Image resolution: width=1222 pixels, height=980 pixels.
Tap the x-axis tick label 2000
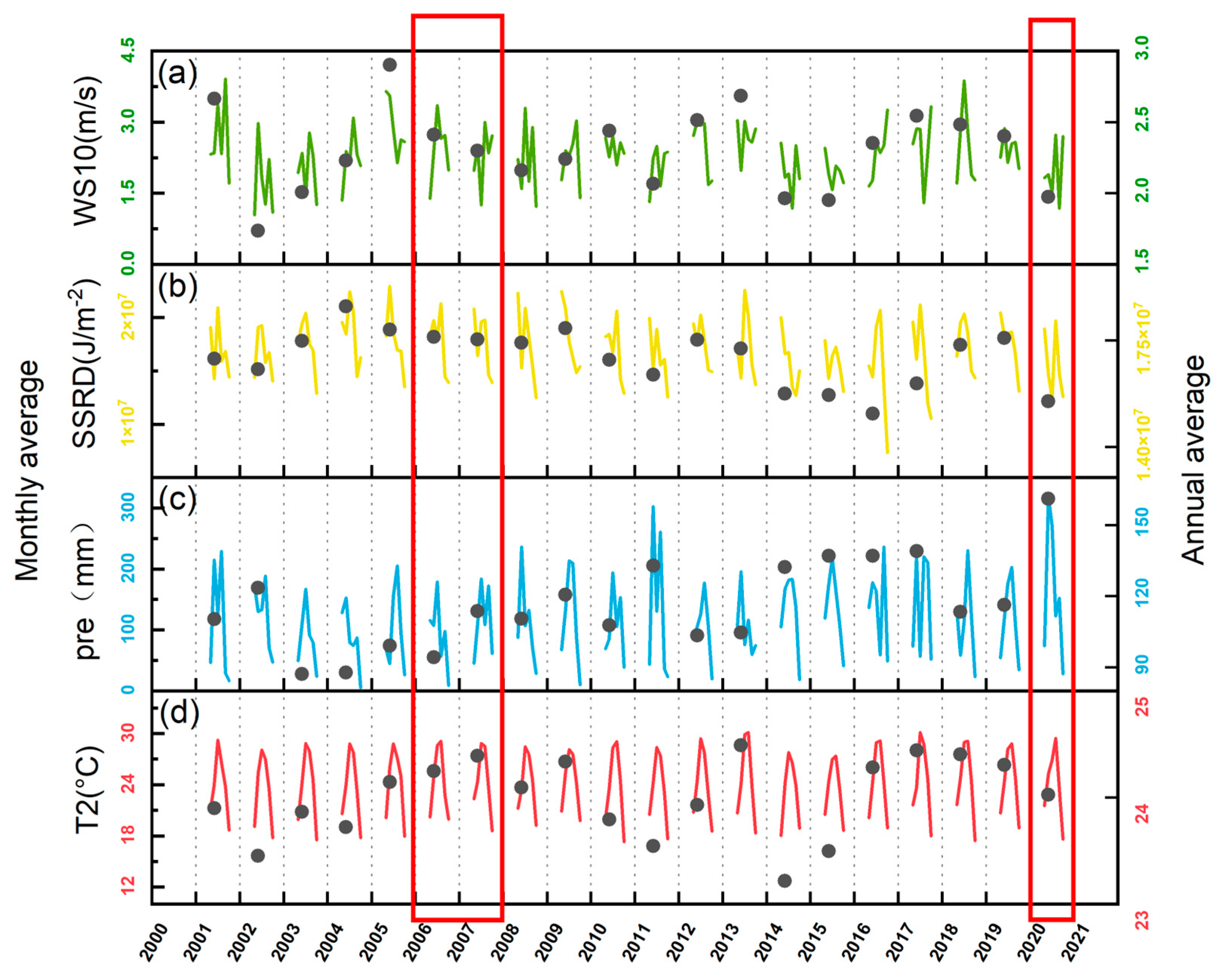click(153, 943)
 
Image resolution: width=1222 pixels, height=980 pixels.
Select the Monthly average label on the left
click(27, 471)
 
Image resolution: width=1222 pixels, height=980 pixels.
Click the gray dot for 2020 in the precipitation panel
click(1048, 498)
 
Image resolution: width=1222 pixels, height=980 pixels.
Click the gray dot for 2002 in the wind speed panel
click(258, 230)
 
